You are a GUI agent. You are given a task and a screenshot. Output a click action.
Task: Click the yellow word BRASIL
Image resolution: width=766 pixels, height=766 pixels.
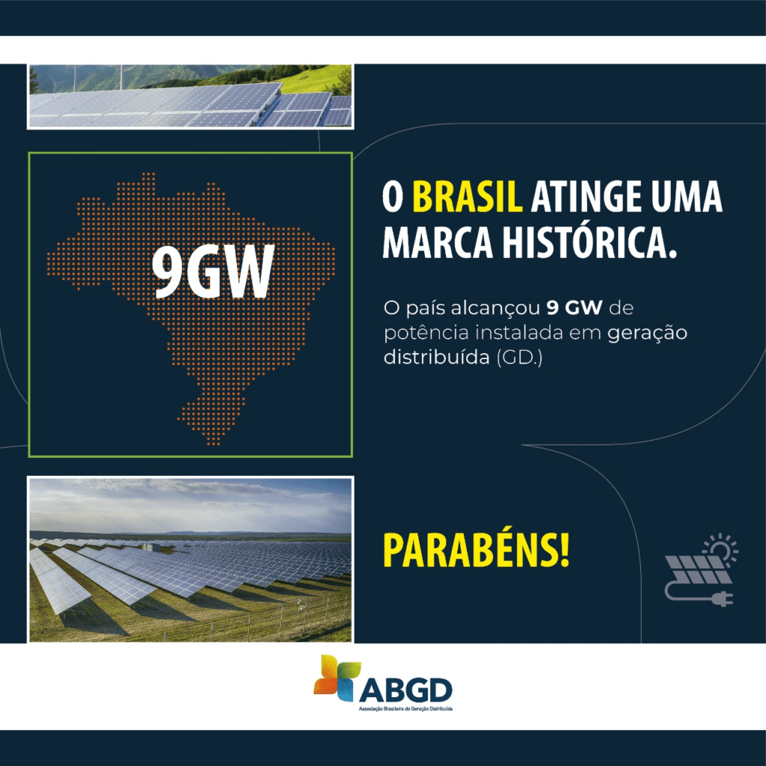point(467,197)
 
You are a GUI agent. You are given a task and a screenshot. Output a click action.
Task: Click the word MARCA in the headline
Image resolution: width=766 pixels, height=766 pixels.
point(438,243)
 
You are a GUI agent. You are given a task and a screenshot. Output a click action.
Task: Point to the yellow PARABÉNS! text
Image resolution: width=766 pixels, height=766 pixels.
point(477,550)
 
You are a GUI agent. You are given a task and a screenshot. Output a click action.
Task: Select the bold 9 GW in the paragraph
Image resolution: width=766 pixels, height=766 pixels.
point(574,307)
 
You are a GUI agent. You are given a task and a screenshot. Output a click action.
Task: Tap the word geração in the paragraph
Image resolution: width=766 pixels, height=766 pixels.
point(647,334)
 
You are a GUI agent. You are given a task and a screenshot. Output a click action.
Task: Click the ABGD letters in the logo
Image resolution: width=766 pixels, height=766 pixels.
point(405,690)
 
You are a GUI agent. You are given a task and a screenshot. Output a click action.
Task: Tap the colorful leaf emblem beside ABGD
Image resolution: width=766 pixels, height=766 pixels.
point(337,676)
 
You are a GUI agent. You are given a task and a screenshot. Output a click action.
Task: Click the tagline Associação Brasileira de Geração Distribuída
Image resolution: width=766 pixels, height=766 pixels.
point(405,709)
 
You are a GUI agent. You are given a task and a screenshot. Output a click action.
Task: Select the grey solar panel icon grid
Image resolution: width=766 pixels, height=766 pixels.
point(698,569)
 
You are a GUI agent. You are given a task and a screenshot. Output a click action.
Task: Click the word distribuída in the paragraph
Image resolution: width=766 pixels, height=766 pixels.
point(437,357)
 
